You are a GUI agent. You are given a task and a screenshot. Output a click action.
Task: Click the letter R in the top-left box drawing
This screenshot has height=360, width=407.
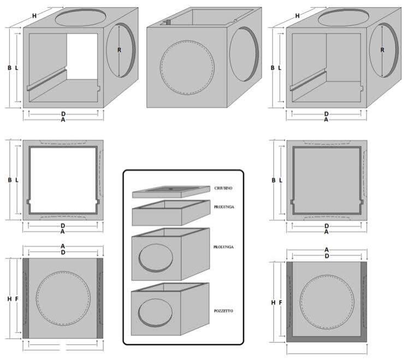tap(119, 50)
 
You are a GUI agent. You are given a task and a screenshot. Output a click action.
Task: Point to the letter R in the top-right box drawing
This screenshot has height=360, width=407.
tap(382, 50)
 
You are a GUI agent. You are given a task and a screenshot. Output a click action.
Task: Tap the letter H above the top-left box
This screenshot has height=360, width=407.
tap(34, 16)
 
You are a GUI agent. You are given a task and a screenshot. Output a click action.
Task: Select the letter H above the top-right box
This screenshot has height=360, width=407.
tap(298, 16)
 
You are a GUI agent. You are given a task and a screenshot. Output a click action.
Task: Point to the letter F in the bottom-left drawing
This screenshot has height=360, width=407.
tap(16, 299)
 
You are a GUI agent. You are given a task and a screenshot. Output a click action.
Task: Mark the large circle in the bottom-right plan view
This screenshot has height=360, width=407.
tap(326, 301)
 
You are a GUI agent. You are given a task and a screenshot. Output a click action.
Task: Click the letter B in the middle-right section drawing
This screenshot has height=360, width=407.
tap(273, 179)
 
